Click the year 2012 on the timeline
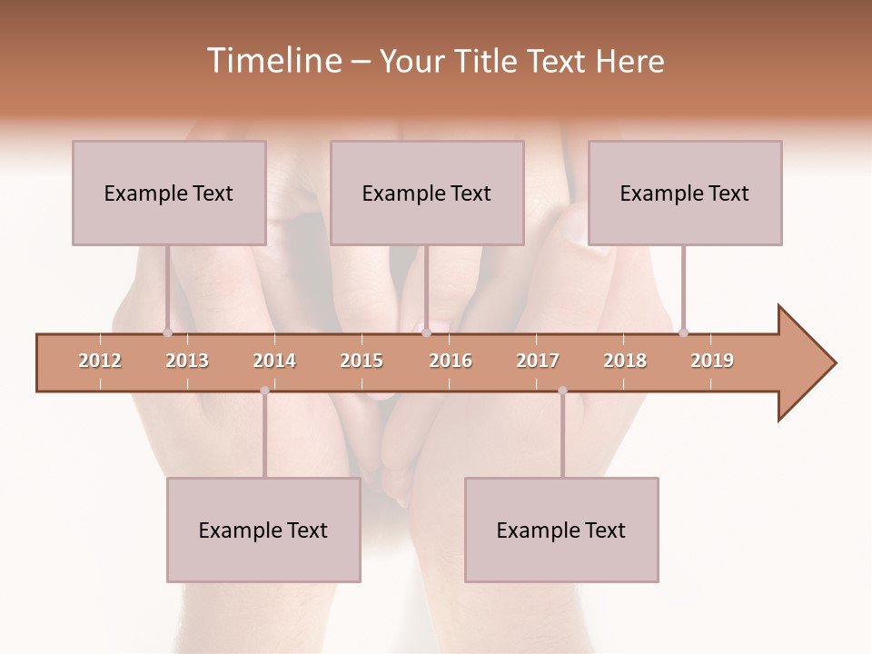pos(100,361)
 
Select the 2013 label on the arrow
pos(187,361)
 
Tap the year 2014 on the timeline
pos(274,361)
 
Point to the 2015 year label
pos(362,361)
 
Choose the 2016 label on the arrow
pos(451,361)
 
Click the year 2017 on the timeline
pos(538,361)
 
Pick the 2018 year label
pos(625,361)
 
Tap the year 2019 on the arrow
pos(712,361)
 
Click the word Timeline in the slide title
pos(272,61)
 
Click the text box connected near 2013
pos(169,193)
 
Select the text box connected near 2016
pos(427,193)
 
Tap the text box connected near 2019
pos(685,193)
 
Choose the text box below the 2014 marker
pos(263,530)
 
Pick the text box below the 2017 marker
pos(561,530)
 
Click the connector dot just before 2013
pos(167,332)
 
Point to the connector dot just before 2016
pos(426,332)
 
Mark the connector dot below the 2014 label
pos(264,391)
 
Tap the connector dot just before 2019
pos(683,332)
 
